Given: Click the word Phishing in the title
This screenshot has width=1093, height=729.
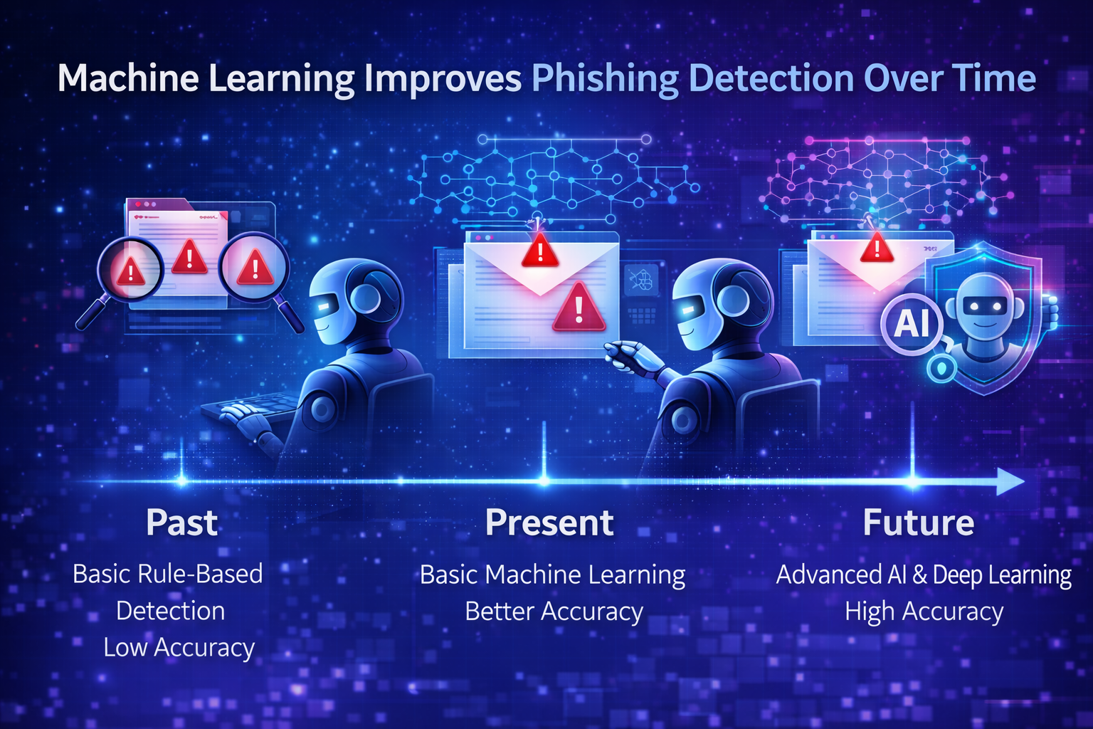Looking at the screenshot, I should coord(605,79).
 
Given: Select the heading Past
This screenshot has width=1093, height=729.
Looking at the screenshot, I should coord(181,523).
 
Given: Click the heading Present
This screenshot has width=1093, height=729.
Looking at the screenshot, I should coord(549,523).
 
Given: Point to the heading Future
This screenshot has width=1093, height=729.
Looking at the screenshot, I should coord(918,523).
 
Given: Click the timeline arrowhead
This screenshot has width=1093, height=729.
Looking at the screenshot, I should coord(1010,481).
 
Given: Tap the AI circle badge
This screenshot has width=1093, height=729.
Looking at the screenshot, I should coord(912,324).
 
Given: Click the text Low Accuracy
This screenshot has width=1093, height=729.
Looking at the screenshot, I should coord(179,647).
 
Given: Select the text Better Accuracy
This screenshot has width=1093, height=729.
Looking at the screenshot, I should coord(554,611).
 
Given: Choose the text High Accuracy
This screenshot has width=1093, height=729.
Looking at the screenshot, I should coord(924,611).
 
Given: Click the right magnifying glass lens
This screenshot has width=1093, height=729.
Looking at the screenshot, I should coord(254,268).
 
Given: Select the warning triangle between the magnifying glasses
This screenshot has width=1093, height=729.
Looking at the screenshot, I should coord(189,257).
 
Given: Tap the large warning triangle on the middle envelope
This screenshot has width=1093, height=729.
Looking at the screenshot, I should coord(579,308).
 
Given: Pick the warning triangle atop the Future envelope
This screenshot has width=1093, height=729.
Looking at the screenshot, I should coord(877,247).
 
